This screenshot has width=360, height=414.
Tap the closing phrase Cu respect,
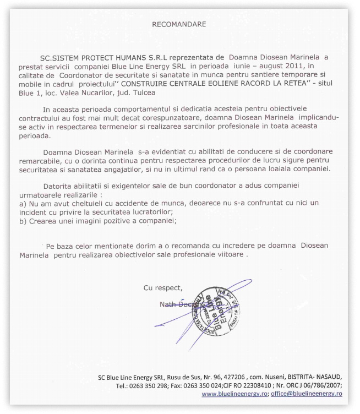pyautogui.click(x=163, y=287)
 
